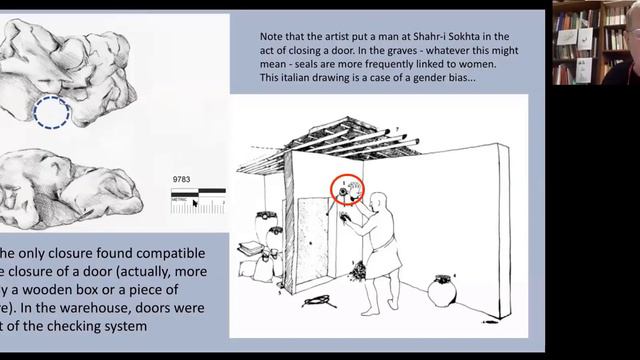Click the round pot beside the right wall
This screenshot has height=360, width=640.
click(x=441, y=291)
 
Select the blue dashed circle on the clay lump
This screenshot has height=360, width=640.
click(x=50, y=113)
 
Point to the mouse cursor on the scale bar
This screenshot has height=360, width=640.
click(x=196, y=203)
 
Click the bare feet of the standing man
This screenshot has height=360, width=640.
click(x=375, y=309)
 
